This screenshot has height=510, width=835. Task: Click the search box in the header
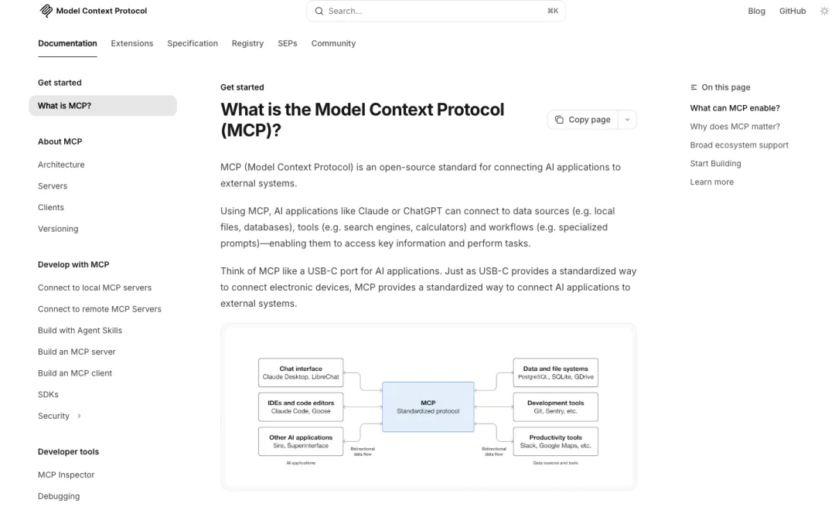pyautogui.click(x=435, y=11)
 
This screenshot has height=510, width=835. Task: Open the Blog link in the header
pyautogui.click(x=756, y=11)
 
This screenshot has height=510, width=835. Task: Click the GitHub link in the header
pyautogui.click(x=792, y=11)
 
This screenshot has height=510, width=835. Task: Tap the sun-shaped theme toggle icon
pyautogui.click(x=824, y=11)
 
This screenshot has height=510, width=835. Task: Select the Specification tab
pyautogui.click(x=193, y=43)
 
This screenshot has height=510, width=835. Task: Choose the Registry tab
pyautogui.click(x=247, y=43)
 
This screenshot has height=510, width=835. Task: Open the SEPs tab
pyautogui.click(x=287, y=43)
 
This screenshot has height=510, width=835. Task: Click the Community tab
pyautogui.click(x=333, y=43)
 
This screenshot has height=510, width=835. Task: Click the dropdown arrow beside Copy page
pyautogui.click(x=627, y=120)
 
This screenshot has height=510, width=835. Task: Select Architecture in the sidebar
pyautogui.click(x=61, y=165)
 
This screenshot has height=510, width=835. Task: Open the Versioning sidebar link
pyautogui.click(x=58, y=229)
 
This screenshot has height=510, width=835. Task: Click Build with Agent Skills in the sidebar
pyautogui.click(x=80, y=330)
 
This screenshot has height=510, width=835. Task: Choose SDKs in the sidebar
pyautogui.click(x=48, y=394)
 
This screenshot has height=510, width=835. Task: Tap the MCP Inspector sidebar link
pyautogui.click(x=66, y=474)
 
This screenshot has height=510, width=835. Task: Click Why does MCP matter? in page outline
pyautogui.click(x=734, y=127)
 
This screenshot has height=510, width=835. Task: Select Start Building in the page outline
pyautogui.click(x=715, y=164)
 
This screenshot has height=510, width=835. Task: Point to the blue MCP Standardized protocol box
pyautogui.click(x=428, y=406)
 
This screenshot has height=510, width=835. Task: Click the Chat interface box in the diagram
pyautogui.click(x=301, y=372)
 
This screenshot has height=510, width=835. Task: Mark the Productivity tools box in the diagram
pyautogui.click(x=555, y=441)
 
